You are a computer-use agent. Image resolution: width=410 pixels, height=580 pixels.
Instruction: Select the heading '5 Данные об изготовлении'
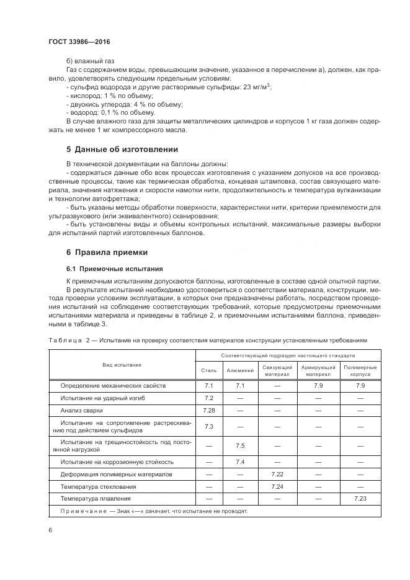click(x=122, y=149)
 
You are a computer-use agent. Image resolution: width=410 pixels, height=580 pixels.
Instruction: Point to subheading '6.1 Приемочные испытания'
click(x=114, y=269)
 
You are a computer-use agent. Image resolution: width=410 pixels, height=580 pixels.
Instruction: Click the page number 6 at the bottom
click(x=50, y=530)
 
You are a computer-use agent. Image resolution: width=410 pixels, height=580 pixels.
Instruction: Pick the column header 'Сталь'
click(x=208, y=370)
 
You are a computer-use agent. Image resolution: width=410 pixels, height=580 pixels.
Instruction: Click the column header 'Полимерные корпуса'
click(x=360, y=370)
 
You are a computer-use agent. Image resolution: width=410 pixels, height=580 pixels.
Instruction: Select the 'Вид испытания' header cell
click(x=122, y=365)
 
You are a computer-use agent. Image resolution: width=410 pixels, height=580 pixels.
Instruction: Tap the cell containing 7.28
click(x=208, y=411)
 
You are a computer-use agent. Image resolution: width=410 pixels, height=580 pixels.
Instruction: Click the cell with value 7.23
click(x=360, y=498)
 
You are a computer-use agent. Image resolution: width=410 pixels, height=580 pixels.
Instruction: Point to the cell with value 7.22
click(x=277, y=474)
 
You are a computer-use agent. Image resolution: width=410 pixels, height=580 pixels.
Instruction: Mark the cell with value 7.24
click(x=277, y=486)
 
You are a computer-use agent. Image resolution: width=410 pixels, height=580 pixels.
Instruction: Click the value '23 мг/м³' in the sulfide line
click(x=256, y=87)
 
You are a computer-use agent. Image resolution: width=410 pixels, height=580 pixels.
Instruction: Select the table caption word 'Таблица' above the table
click(x=65, y=341)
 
